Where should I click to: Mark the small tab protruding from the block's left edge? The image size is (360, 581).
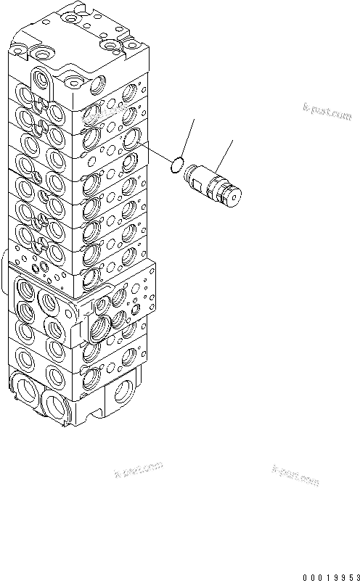click(x=5, y=264)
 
